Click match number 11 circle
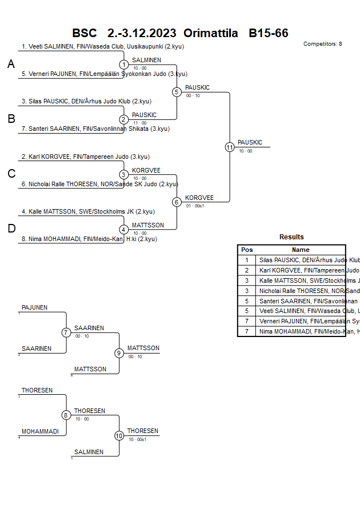coord(230,147)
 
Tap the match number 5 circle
coord(177,91)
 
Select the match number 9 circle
coord(119,353)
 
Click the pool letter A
coord(11,65)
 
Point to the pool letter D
coord(11,229)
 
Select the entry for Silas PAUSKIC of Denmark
coord(86,101)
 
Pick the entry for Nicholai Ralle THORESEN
coord(100,184)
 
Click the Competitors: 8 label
coord(322,43)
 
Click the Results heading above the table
coord(291,237)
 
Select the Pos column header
coord(247,250)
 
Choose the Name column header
coord(301,250)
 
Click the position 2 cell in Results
coord(247,270)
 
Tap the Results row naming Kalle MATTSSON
coord(301,280)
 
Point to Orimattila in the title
coord(211,33)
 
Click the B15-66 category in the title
coord(269,33)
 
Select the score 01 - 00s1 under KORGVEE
coord(195,205)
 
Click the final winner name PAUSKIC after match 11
coord(250,142)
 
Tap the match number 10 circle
coord(119,436)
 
